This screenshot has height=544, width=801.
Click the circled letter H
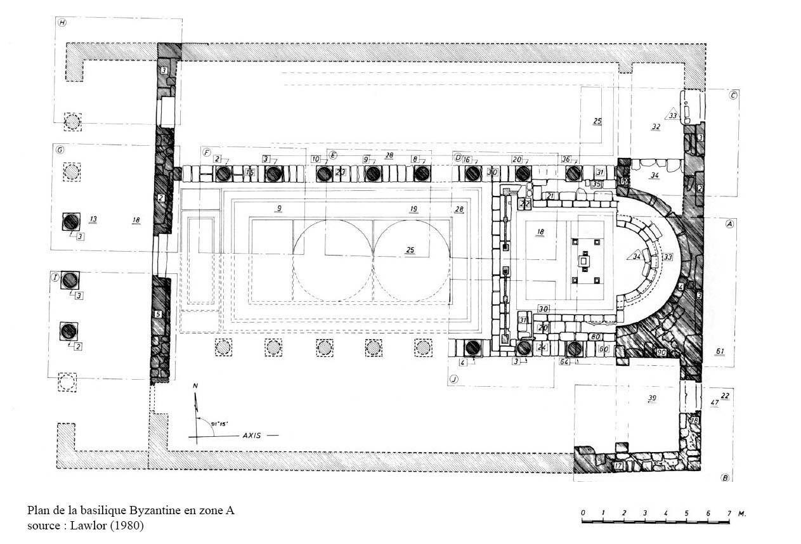tap(62, 23)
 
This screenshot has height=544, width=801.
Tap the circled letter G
tap(60, 150)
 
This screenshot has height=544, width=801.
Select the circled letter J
tap(454, 380)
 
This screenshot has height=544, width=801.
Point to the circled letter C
tap(733, 96)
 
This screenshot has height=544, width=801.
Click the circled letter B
tap(724, 478)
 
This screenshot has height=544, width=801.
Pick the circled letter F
tap(207, 152)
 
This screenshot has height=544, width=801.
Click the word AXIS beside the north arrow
tap(253, 436)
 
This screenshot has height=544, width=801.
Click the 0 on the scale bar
tap(582, 512)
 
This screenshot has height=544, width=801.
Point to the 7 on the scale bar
tap(728, 512)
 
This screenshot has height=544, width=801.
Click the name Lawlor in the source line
tap(88, 526)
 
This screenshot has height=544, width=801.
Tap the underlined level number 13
tap(93, 219)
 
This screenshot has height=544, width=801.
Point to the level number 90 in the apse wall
tap(661, 352)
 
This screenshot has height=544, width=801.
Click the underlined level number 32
tap(655, 127)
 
